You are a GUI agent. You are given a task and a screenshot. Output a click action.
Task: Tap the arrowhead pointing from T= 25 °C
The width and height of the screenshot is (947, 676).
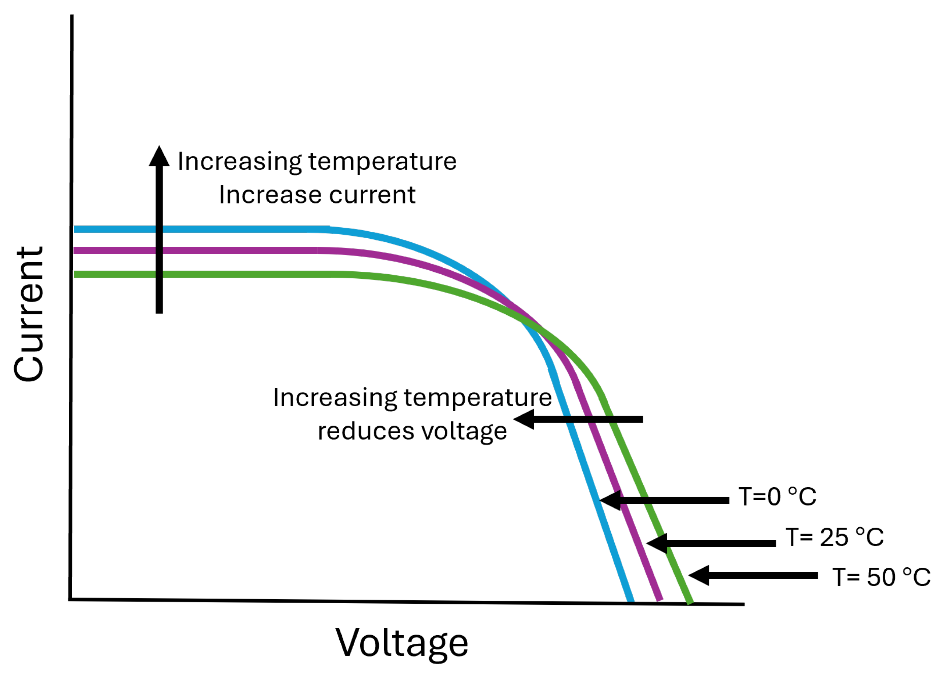[657, 543]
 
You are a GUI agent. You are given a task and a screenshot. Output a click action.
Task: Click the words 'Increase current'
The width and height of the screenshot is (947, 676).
[317, 195]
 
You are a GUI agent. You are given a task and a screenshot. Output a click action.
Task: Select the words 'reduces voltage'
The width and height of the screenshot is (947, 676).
[412, 431]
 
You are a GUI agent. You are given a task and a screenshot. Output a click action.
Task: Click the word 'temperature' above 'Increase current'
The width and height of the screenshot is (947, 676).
[382, 162]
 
